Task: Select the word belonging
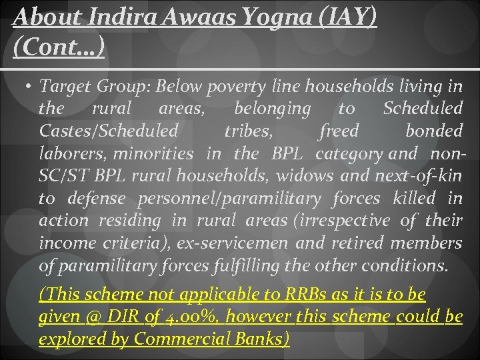pos(273,109)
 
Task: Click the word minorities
pos(153,154)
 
